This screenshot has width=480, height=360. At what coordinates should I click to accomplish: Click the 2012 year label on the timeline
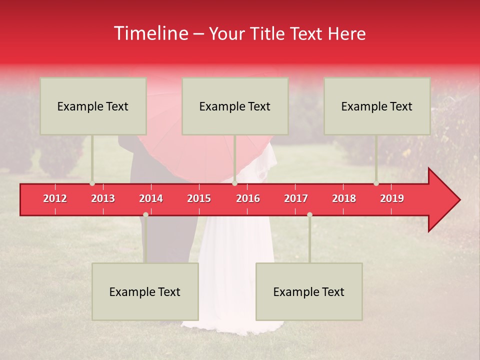[55, 198]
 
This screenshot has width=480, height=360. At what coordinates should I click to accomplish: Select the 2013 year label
[103, 198]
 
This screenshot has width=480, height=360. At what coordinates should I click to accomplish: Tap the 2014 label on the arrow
[151, 198]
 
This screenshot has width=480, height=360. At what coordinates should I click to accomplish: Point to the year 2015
[199, 198]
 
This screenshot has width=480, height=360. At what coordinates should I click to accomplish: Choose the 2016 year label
[248, 198]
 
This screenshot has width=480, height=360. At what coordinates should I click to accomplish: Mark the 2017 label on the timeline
[296, 198]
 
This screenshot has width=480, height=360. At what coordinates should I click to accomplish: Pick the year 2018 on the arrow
[344, 198]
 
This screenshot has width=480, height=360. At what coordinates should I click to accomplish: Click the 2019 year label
[392, 198]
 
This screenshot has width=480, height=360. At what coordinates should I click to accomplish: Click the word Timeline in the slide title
[151, 33]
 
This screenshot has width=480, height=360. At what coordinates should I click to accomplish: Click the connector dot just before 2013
[92, 183]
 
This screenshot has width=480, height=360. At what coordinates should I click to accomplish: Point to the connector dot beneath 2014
[145, 214]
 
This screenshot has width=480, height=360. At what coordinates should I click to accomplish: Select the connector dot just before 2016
[234, 183]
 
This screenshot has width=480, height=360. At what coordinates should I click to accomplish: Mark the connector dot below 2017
[309, 214]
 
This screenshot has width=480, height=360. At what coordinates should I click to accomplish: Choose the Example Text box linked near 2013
[93, 106]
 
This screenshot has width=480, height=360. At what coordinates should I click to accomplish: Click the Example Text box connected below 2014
[145, 291]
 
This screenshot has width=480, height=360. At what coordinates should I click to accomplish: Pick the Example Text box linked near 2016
[235, 106]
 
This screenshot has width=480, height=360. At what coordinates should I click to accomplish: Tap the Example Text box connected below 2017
[309, 291]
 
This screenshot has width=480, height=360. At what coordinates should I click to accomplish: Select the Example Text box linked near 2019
[377, 106]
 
